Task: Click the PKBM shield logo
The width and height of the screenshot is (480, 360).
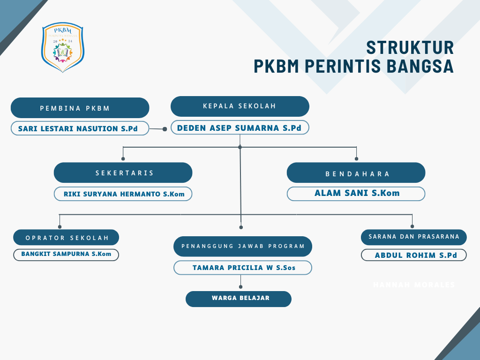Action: (x=63, y=48)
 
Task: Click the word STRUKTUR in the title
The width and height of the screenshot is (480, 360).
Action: (x=410, y=48)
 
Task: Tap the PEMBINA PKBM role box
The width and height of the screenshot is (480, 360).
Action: (x=80, y=108)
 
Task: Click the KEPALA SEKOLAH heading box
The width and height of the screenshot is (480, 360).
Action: (x=240, y=106)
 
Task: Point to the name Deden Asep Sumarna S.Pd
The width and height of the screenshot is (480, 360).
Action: (x=240, y=127)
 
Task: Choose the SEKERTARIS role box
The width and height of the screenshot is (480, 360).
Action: (x=123, y=172)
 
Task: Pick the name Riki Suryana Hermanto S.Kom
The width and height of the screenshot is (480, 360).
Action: (x=123, y=194)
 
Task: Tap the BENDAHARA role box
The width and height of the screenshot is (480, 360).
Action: (x=356, y=173)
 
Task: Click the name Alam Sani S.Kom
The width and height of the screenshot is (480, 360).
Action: (x=356, y=193)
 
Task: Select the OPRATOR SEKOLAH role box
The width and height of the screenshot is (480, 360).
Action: (x=66, y=238)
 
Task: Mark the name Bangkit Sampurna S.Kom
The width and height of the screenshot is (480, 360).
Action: (x=66, y=254)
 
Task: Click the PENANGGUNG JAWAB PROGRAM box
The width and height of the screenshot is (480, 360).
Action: (x=243, y=246)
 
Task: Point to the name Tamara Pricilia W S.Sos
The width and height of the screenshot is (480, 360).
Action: (x=243, y=268)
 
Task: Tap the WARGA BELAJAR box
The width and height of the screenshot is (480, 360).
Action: (x=239, y=299)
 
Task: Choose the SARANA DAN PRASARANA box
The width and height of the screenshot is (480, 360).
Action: (x=413, y=237)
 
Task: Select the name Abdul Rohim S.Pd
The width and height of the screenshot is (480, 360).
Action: (x=413, y=255)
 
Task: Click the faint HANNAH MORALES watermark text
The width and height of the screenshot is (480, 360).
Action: (x=413, y=285)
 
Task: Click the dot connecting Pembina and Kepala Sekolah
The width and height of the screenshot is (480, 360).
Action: (x=165, y=128)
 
